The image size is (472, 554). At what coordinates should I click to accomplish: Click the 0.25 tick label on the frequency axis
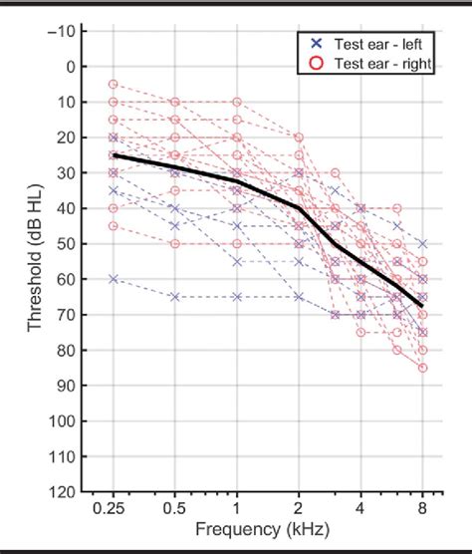[x=113, y=508]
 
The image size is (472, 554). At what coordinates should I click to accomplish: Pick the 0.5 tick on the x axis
[x=175, y=508]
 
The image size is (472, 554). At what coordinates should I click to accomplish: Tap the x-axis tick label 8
[x=422, y=508]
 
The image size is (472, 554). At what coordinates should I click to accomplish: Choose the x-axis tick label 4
[x=360, y=508]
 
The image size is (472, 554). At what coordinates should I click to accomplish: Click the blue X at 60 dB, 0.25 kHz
[x=114, y=279]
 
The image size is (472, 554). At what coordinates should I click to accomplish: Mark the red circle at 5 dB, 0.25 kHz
[x=114, y=85]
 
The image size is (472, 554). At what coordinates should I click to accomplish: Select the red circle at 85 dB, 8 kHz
[x=422, y=368]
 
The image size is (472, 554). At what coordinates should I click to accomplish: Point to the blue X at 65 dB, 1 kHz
[x=237, y=297]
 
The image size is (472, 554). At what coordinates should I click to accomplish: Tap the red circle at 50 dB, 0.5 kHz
[x=175, y=243]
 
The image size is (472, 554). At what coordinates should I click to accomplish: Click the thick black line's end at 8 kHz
[x=422, y=304]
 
